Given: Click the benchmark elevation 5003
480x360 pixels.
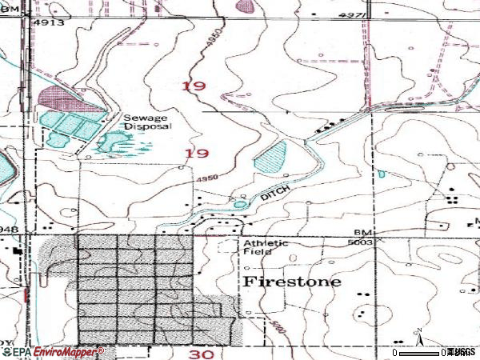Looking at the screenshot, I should (x=362, y=244).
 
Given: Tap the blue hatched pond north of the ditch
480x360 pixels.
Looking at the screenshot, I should (x=270, y=155).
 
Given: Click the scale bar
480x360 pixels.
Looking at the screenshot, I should (x=420, y=352).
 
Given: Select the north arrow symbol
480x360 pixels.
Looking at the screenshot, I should (x=417, y=333).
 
